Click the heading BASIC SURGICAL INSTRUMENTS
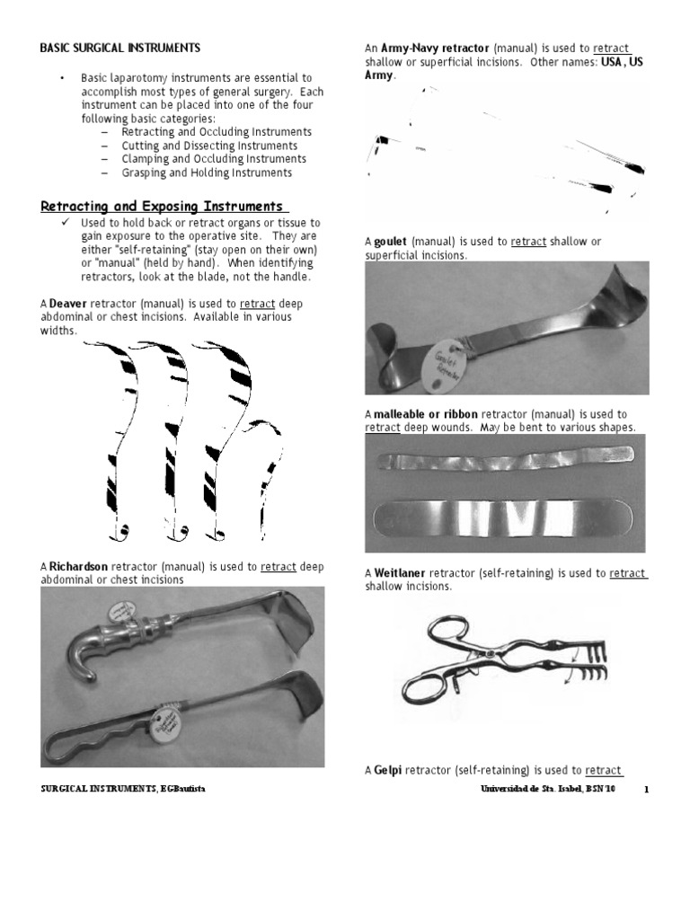click(120, 47)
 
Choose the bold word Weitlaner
click(400, 573)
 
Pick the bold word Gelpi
click(387, 771)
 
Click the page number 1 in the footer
click(646, 790)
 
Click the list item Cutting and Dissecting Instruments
click(221, 146)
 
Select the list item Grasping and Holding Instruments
click(218, 172)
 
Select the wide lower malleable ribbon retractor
click(505, 519)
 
